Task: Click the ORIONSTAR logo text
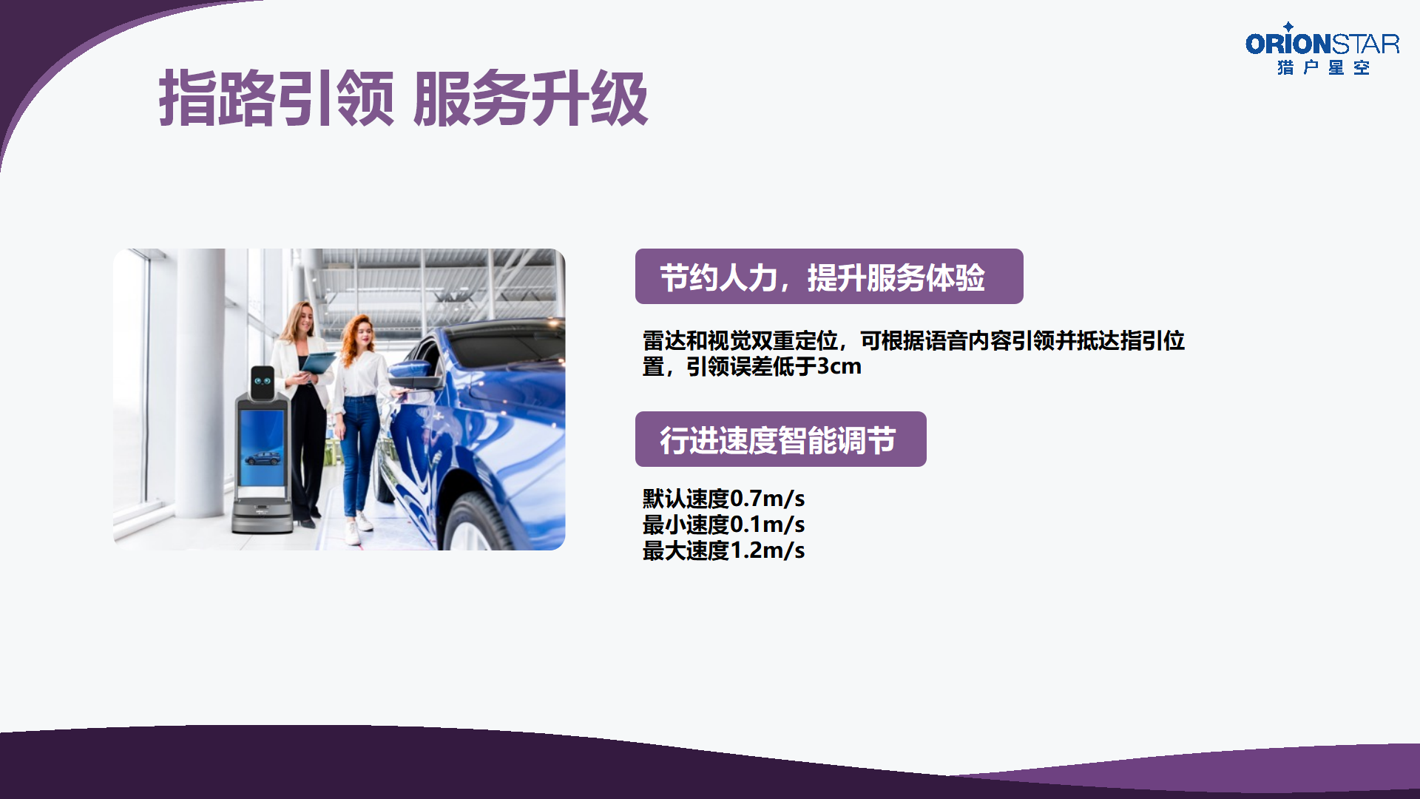1322,44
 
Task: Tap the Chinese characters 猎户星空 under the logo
1323,67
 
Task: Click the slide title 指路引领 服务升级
404,98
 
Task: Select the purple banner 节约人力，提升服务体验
829,277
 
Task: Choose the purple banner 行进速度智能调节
780,439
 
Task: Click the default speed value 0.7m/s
767,499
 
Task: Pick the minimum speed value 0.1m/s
767,525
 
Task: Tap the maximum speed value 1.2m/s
767,550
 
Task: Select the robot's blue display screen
262,447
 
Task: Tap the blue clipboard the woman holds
318,363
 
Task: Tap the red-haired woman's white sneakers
359,527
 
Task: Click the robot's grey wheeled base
262,514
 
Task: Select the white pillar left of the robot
200,383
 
